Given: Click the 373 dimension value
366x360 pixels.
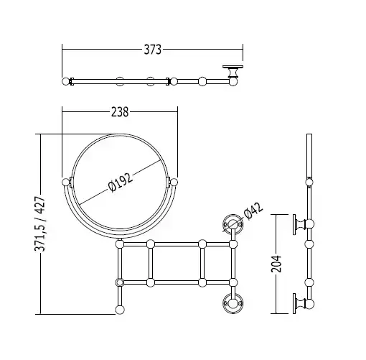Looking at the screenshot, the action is tap(153, 50).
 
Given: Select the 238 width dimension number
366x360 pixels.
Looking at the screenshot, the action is tap(120, 112).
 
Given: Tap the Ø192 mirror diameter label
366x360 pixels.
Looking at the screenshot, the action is tap(120, 183).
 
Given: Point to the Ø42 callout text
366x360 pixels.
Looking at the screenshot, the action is tap(253, 211).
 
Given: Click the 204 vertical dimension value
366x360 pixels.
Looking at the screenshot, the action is tap(276, 264).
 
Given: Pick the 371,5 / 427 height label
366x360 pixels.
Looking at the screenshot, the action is tap(39, 223).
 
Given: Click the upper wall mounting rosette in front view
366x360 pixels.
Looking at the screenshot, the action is tap(233, 224).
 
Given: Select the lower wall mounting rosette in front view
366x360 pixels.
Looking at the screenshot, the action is tap(233, 303).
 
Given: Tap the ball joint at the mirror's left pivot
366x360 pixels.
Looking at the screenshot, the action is tap(65, 183).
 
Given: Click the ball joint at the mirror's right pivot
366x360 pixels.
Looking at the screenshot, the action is tap(174, 183).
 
